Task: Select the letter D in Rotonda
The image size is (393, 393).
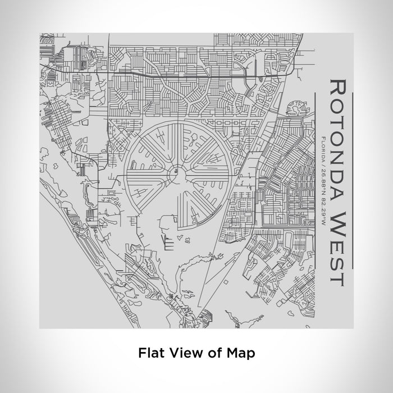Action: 336,179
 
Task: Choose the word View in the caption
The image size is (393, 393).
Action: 181,353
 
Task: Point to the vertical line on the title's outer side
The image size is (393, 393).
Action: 352,180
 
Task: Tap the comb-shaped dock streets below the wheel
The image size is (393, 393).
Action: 169,242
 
